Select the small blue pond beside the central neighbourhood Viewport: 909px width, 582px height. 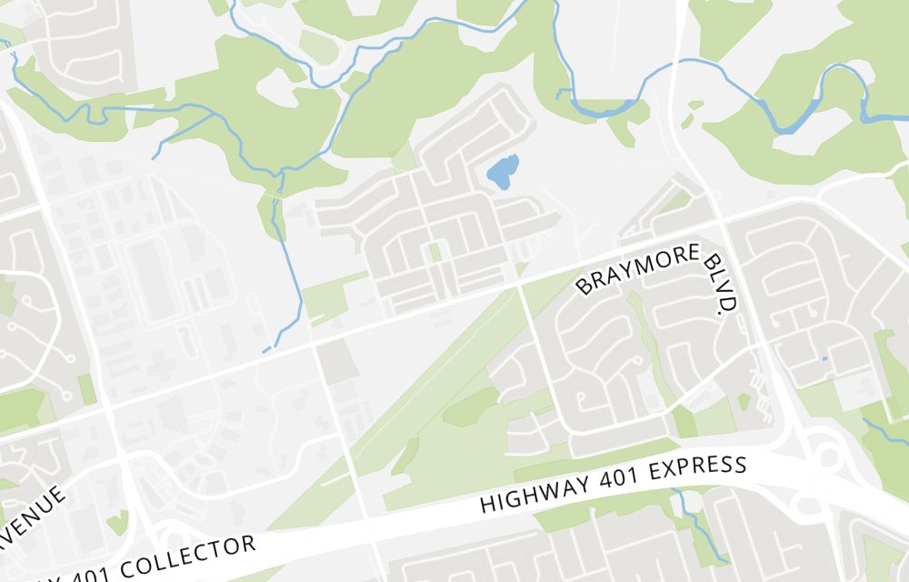pyautogui.click(x=503, y=171)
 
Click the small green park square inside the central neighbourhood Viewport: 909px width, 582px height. pyautogui.click(x=435, y=251)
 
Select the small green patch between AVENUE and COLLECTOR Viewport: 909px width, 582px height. pyautogui.click(x=116, y=523)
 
